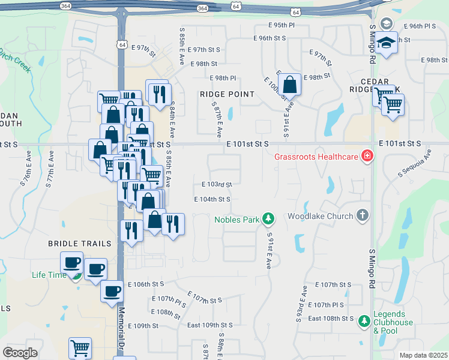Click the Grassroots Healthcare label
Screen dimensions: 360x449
(316, 157)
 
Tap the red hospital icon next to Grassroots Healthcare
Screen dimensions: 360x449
(366, 157)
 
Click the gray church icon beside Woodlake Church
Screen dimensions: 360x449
(362, 215)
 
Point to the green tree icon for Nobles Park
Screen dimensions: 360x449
(270, 219)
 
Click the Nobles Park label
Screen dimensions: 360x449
(237, 220)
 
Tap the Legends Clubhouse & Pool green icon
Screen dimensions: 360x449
(364, 322)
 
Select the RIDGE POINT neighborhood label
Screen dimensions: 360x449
(227, 94)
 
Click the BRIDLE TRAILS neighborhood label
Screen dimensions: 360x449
(80, 244)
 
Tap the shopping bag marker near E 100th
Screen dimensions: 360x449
(289, 85)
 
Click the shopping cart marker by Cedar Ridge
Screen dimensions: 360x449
(393, 104)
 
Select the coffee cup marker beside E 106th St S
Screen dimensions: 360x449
(112, 292)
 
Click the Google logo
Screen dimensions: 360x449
(20, 353)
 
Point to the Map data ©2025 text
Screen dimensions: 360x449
(423, 355)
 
